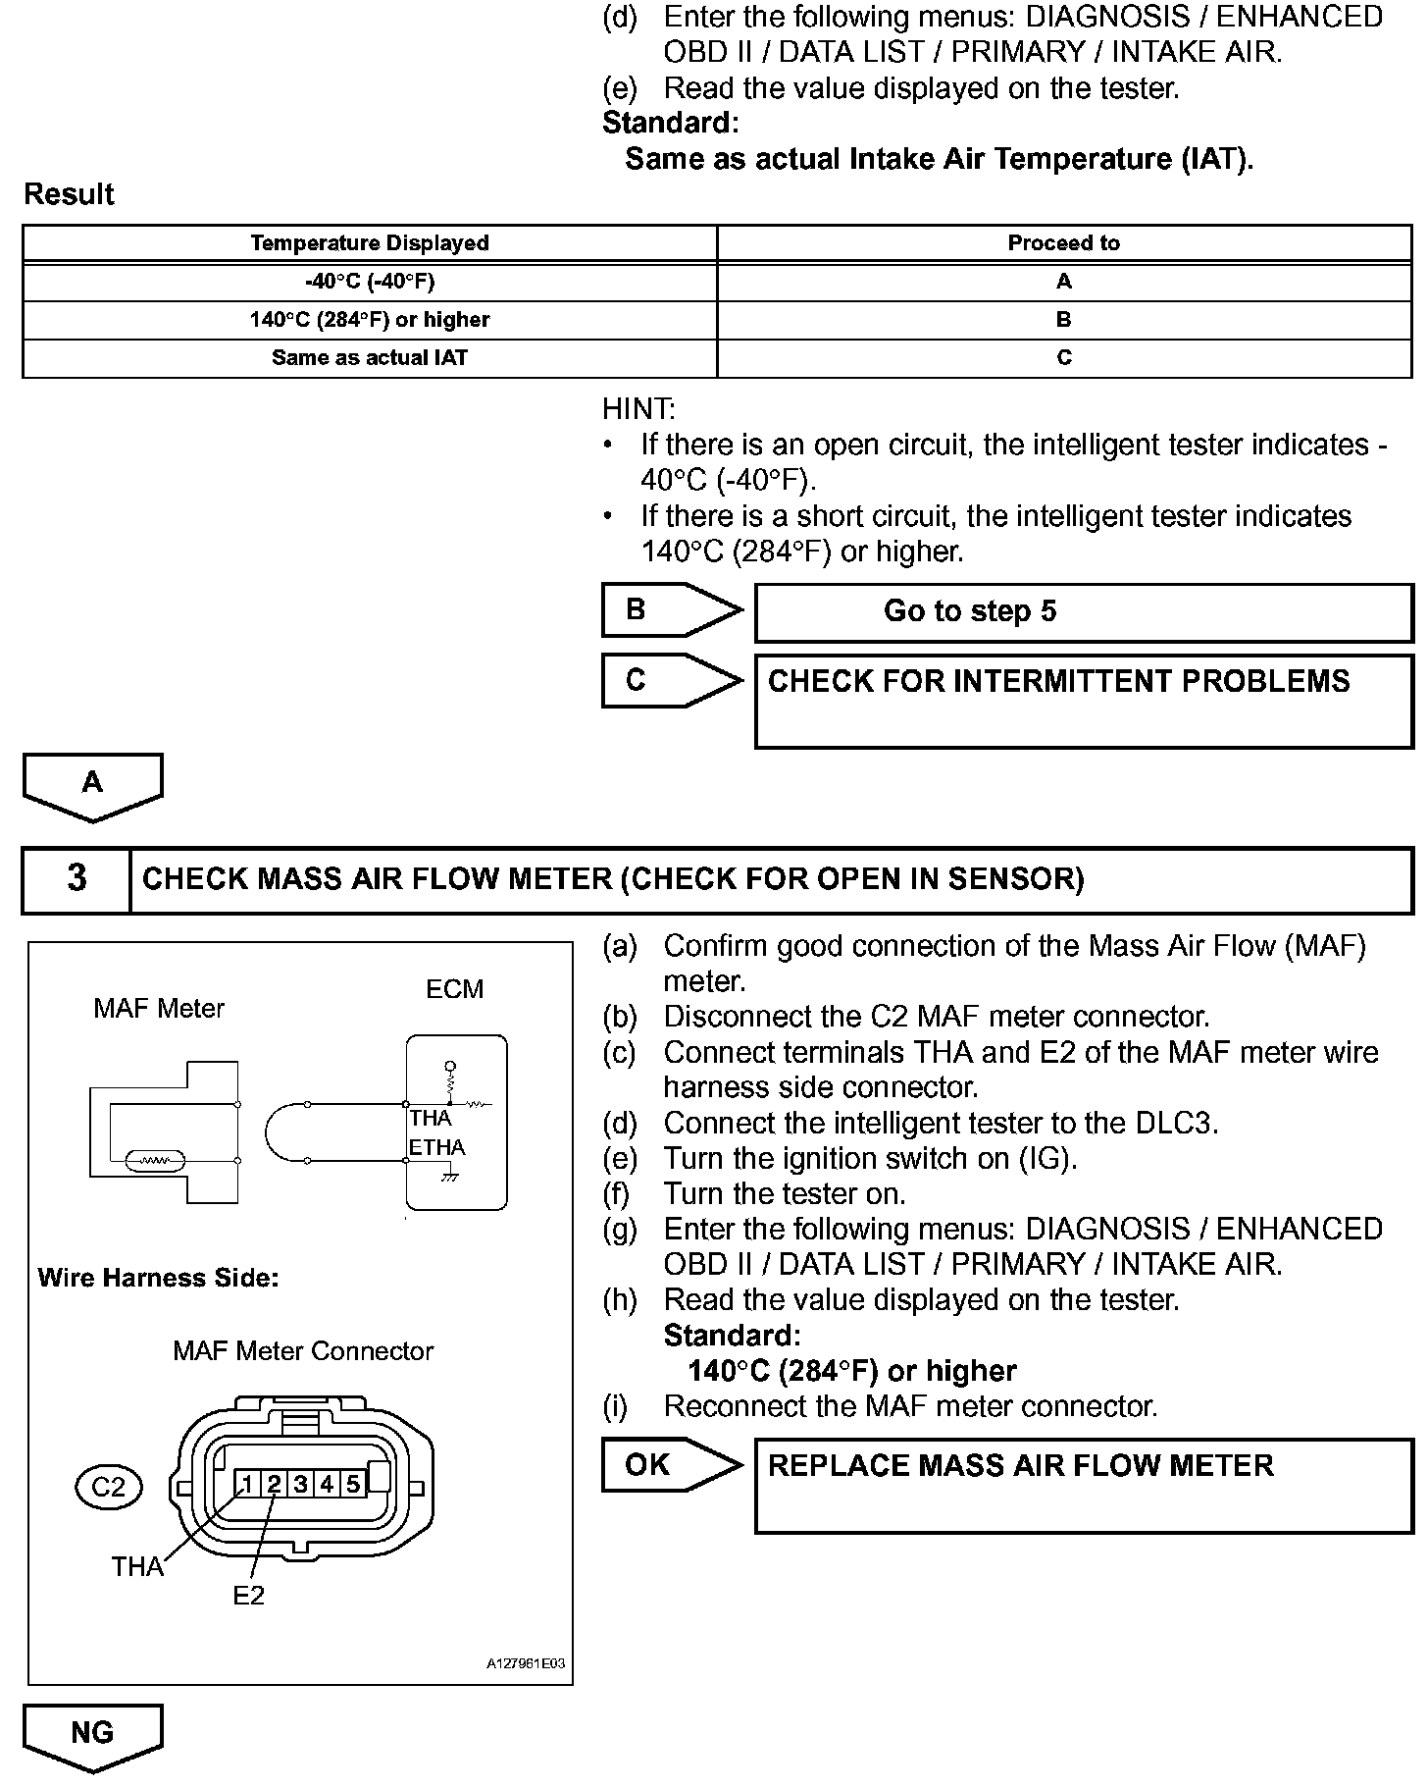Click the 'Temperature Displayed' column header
point(369,243)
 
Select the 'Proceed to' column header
point(1063,243)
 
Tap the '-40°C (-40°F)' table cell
point(369,282)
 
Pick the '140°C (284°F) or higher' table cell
point(369,320)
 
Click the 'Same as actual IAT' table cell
point(369,358)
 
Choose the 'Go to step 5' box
point(1083,612)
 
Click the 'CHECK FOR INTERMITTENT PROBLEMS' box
point(1083,701)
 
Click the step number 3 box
point(76,878)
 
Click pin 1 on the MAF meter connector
point(249,1485)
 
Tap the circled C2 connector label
point(108,1488)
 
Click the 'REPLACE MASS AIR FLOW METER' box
point(1083,1485)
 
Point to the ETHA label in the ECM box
point(436,1147)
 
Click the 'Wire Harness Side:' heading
point(158,1278)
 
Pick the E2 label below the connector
point(248,1596)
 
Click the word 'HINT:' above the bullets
point(638,409)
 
